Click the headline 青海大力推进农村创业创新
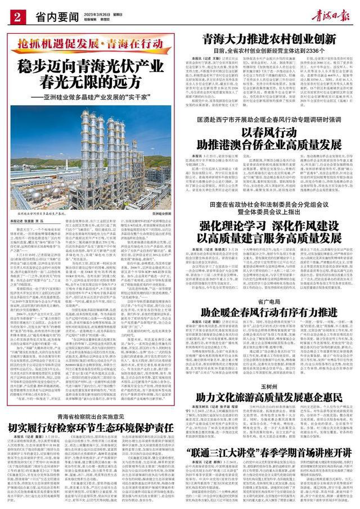pyautogui.click(x=265, y=39)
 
